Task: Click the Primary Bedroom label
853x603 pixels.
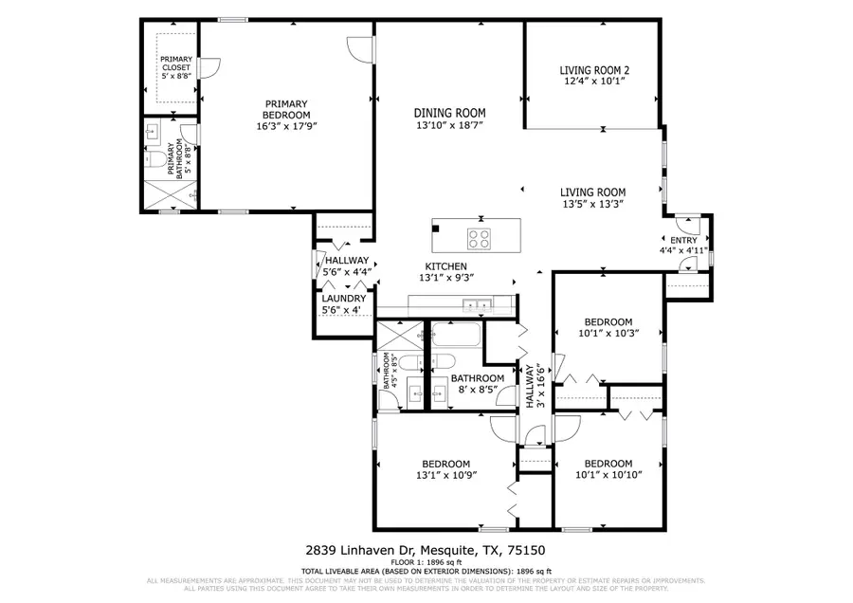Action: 286,109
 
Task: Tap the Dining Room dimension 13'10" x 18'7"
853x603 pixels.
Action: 449,125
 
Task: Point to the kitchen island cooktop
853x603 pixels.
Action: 479,238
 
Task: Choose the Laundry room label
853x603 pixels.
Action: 342,298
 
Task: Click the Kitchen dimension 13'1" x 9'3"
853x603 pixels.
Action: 448,278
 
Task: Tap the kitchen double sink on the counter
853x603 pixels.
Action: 477,305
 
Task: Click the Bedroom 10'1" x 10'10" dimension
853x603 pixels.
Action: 608,475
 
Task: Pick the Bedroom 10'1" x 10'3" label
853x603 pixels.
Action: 608,333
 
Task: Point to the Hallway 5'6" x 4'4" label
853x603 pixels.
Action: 347,265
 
